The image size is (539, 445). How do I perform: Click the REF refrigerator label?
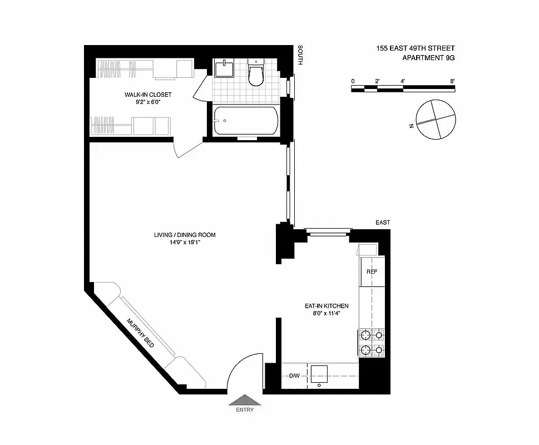tap(372, 271)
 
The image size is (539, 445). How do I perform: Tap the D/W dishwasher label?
tap(294, 376)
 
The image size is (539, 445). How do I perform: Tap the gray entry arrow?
tap(245, 399)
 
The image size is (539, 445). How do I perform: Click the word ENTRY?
tap(245, 410)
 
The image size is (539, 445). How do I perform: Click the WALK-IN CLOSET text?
tap(148, 95)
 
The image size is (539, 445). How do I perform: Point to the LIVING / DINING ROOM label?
tap(185, 235)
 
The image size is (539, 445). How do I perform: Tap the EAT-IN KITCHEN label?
tap(326, 306)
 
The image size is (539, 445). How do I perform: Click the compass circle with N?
tap(438, 120)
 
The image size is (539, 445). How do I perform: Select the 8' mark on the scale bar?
tap(453, 82)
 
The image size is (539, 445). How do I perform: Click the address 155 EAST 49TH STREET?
tap(416, 48)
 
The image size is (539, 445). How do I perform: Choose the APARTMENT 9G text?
tap(428, 57)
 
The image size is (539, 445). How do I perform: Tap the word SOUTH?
tap(300, 56)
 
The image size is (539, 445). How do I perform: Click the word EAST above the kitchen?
tap(383, 222)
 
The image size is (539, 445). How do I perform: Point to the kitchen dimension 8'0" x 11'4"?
tap(326, 314)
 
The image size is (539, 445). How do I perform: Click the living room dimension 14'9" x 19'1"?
tap(185, 243)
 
